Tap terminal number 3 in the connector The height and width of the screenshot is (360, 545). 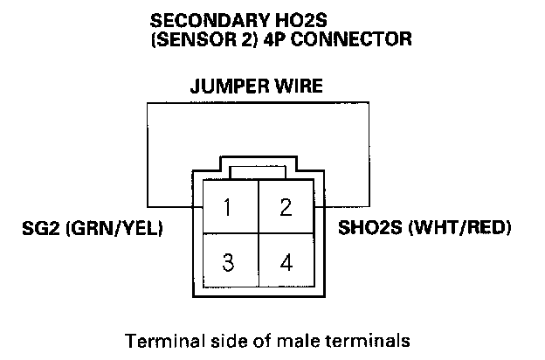pos(228,262)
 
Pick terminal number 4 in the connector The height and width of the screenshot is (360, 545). pos(285,262)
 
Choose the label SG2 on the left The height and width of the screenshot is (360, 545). pos(39,229)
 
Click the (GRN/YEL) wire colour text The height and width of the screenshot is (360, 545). pos(112,229)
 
